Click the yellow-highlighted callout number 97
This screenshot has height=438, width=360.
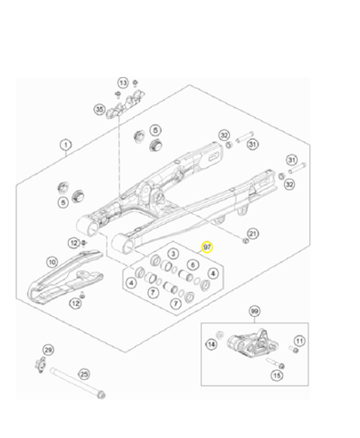click(x=207, y=246)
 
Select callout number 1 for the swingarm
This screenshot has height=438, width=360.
click(x=65, y=145)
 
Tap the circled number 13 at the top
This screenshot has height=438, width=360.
click(x=123, y=84)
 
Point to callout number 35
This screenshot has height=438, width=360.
click(x=99, y=109)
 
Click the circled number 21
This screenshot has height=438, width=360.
click(x=253, y=235)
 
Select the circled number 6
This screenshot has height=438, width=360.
click(x=193, y=265)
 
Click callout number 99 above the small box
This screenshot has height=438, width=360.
click(x=254, y=313)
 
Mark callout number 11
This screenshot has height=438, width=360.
click(x=299, y=340)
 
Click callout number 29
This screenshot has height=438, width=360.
click(x=47, y=350)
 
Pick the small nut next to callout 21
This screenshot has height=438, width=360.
click(x=244, y=242)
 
